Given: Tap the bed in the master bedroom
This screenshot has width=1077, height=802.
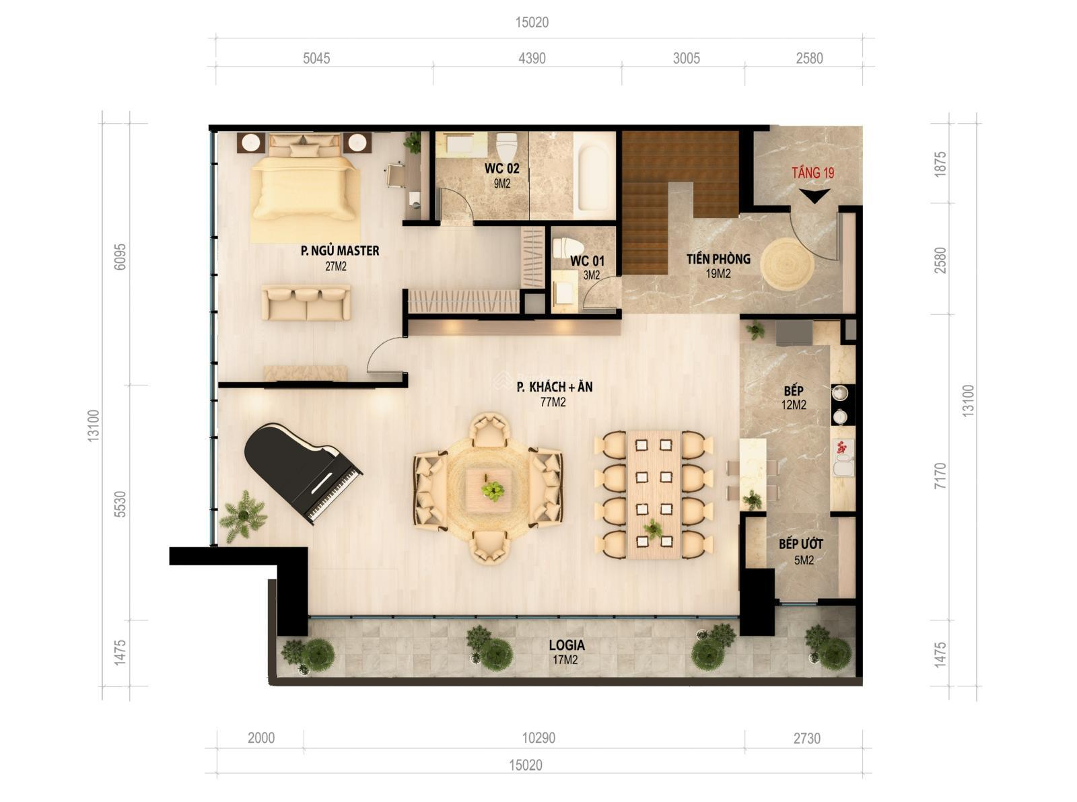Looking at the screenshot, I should pyautogui.click(x=304, y=185).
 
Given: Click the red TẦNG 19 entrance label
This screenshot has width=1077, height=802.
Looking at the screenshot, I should pyautogui.click(x=812, y=173).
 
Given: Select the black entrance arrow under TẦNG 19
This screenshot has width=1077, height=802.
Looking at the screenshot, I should pyautogui.click(x=814, y=196).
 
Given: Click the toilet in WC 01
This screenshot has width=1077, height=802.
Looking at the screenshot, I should pyautogui.click(x=567, y=248).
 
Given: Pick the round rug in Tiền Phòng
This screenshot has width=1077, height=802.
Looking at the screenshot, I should pyautogui.click(x=787, y=264).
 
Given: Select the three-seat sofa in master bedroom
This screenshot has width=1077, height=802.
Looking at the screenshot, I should pyautogui.click(x=306, y=303).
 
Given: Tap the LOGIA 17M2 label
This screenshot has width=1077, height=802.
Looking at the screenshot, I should pyautogui.click(x=567, y=651).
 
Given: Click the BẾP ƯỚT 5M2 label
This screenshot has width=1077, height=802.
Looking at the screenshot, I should pyautogui.click(x=801, y=550).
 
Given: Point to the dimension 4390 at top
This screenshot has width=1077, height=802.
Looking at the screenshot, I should pyautogui.click(x=531, y=59).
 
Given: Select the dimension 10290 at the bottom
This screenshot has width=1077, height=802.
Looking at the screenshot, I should pyautogui.click(x=538, y=738).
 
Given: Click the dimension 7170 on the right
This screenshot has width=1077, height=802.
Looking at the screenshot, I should pyautogui.click(x=940, y=475).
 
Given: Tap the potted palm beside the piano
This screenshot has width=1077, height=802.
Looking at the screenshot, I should pyautogui.click(x=243, y=516).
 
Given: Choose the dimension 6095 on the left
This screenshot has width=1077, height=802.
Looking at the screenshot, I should pyautogui.click(x=120, y=256).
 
